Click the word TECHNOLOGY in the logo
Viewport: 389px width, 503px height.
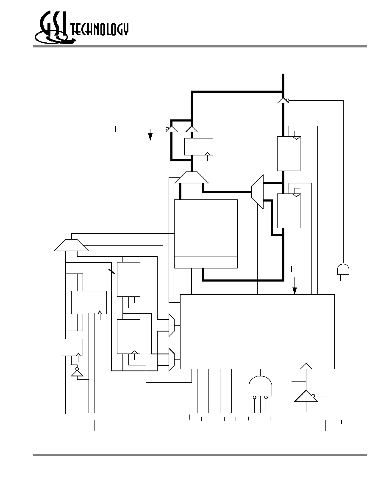[100, 30]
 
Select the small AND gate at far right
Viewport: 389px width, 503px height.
[343, 269]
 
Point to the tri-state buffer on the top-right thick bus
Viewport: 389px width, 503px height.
[283, 100]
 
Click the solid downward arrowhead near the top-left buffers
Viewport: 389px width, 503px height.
[150, 137]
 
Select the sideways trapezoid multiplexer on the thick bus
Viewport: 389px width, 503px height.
[257, 192]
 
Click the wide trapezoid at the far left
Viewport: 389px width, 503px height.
[71, 245]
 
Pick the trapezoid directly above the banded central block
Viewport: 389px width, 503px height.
[191, 177]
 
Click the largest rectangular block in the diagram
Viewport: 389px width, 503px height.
[257, 332]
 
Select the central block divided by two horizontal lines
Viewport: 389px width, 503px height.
[206, 234]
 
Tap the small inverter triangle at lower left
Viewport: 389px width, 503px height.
[77, 373]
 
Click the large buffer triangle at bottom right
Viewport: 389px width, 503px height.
[306, 396]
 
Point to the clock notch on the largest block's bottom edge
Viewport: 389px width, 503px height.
[306, 366]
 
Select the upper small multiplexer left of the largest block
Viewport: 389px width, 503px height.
[172, 325]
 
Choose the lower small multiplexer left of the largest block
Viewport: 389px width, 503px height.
[172, 359]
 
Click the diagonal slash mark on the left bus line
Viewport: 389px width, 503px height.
[112, 272]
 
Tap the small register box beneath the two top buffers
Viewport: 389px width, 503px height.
[199, 146]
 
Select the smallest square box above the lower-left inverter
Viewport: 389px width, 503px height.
[71, 348]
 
